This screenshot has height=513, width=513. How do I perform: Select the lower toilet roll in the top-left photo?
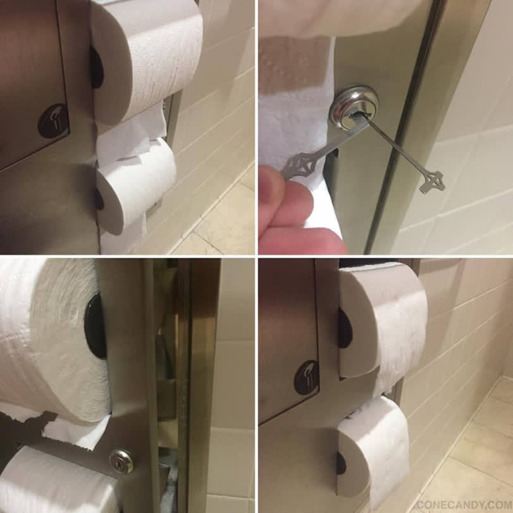(136, 187)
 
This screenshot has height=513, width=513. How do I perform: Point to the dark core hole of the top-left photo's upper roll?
(97, 68)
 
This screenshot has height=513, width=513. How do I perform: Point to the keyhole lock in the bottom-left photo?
(121, 460)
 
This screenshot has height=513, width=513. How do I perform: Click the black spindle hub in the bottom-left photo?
(96, 326)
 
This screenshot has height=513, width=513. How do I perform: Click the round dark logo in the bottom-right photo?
(306, 377)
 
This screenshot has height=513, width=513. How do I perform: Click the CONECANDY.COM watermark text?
(464, 504)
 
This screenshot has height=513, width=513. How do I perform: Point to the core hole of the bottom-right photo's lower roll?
(340, 462)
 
